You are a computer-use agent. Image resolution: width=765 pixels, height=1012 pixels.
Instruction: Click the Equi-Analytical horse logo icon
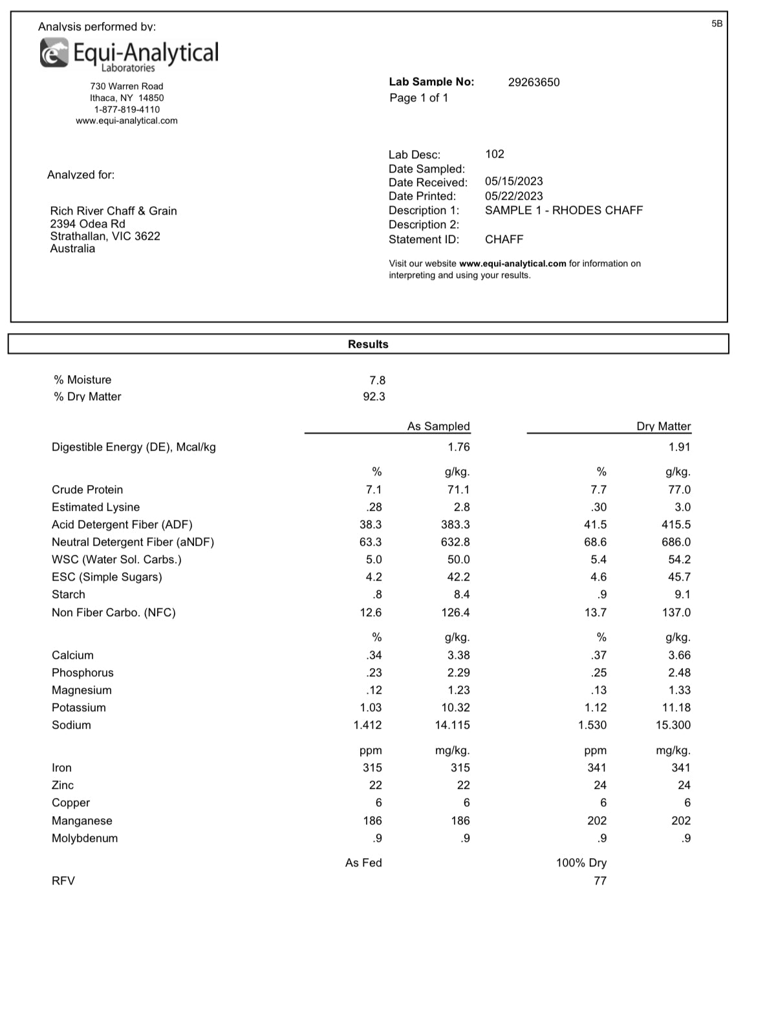pyautogui.click(x=54, y=52)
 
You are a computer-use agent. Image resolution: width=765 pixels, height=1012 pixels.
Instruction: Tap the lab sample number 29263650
pyautogui.click(x=533, y=82)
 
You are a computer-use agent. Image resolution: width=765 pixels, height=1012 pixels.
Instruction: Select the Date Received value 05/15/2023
pyautogui.click(x=513, y=181)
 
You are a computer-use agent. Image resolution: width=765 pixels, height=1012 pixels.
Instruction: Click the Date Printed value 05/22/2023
pyautogui.click(x=513, y=196)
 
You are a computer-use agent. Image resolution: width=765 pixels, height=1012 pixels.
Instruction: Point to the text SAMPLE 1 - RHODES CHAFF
pyautogui.click(x=563, y=210)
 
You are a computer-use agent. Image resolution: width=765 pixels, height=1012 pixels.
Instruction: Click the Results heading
pyautogui.click(x=368, y=344)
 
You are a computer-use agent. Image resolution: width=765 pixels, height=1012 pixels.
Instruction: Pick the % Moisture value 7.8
pyautogui.click(x=377, y=380)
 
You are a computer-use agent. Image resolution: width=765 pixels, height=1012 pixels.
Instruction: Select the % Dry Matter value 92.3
pyautogui.click(x=374, y=396)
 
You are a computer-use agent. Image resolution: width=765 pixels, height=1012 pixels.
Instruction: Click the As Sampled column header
pyautogui.click(x=438, y=426)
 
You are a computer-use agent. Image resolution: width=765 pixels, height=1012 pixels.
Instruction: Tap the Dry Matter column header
pyautogui.click(x=663, y=426)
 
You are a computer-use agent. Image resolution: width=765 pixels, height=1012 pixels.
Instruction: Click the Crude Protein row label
pyautogui.click(x=87, y=490)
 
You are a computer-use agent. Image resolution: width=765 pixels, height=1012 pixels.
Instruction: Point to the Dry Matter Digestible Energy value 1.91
pyautogui.click(x=679, y=447)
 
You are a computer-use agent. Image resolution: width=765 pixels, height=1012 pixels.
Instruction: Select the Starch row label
pyautogui.click(x=69, y=594)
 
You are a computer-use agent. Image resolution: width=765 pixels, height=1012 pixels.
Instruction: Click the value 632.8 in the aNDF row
pyautogui.click(x=455, y=542)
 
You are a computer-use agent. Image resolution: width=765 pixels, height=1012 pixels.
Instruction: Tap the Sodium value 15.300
pyautogui.click(x=673, y=725)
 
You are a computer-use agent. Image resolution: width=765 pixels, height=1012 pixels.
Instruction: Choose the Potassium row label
pyautogui.click(x=79, y=707)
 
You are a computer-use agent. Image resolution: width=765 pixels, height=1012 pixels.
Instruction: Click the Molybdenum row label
pyautogui.click(x=85, y=838)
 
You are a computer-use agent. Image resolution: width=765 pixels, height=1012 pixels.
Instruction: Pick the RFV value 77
pyautogui.click(x=599, y=881)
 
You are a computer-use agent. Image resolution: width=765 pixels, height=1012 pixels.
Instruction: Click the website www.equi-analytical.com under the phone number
pyautogui.click(x=127, y=121)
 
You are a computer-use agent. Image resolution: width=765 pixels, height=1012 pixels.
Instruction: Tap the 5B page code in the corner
pyautogui.click(x=717, y=23)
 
